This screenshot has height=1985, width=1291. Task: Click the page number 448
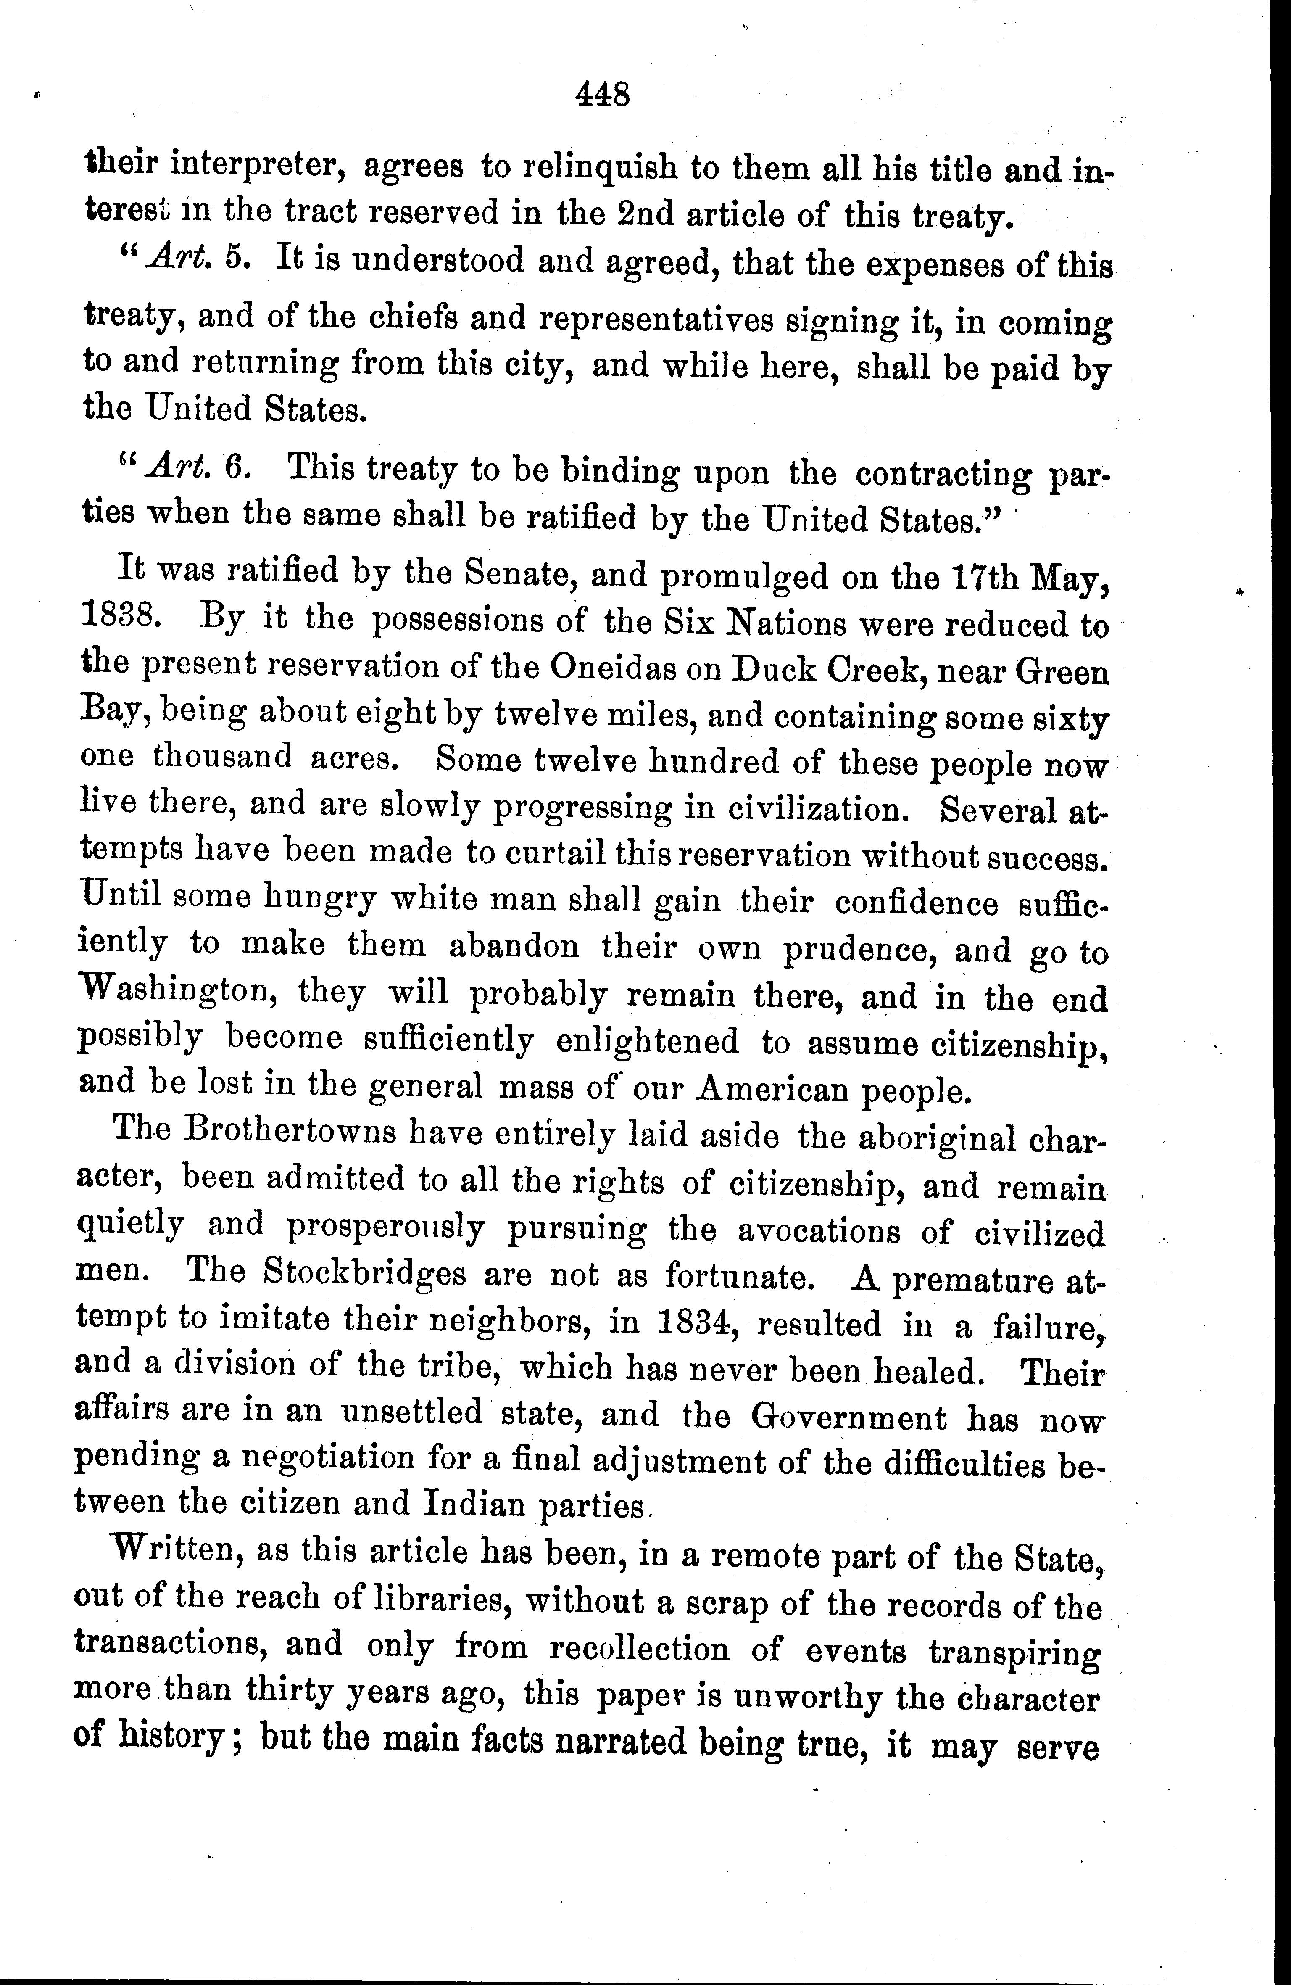pyautogui.click(x=602, y=94)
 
